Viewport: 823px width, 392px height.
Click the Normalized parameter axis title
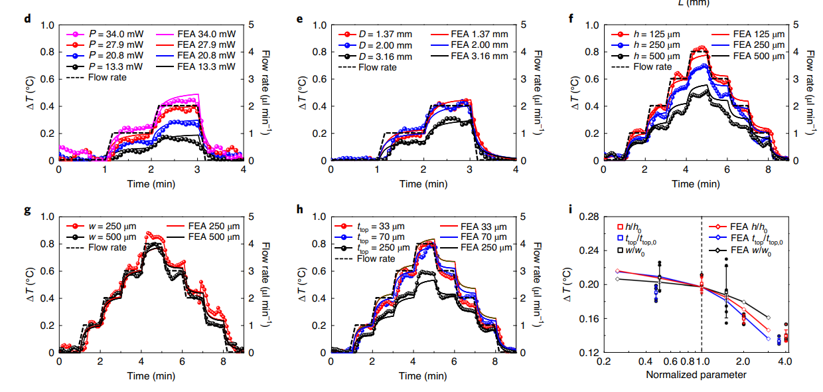tap(696, 375)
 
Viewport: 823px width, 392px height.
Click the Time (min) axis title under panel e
tap(423, 183)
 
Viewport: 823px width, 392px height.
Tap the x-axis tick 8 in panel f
tap(767, 170)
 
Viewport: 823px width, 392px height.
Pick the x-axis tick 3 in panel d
tap(198, 170)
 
